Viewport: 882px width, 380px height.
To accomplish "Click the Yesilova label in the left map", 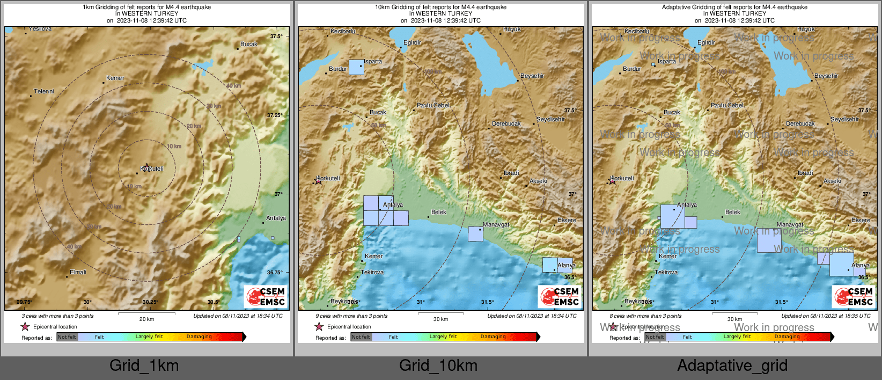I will (40, 29).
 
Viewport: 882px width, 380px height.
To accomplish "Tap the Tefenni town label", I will (44, 91).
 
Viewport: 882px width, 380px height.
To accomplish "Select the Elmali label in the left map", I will (78, 272).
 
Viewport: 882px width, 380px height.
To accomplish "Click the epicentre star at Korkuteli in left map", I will (146, 167).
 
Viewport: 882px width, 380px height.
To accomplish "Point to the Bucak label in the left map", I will (249, 44).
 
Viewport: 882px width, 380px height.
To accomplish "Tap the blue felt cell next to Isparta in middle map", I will (356, 67).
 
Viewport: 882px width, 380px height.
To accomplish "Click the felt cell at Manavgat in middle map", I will (475, 234).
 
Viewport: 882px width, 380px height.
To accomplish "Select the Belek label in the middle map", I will (439, 212).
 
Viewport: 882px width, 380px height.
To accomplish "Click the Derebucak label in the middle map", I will (506, 123).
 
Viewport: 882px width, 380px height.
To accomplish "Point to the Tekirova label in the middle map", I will (372, 272).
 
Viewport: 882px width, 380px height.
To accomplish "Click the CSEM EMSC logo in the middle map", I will (560, 296).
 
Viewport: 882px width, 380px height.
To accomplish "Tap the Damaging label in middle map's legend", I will (493, 337).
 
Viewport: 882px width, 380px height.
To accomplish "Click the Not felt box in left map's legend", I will (67, 337).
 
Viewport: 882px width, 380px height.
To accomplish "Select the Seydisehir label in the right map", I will (844, 119).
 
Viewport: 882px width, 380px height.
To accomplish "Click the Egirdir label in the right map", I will (706, 42).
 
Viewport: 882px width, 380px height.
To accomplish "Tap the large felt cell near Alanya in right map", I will (841, 264).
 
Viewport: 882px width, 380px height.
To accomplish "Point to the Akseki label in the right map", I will (832, 181).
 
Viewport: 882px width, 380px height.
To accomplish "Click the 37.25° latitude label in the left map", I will (275, 115).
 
